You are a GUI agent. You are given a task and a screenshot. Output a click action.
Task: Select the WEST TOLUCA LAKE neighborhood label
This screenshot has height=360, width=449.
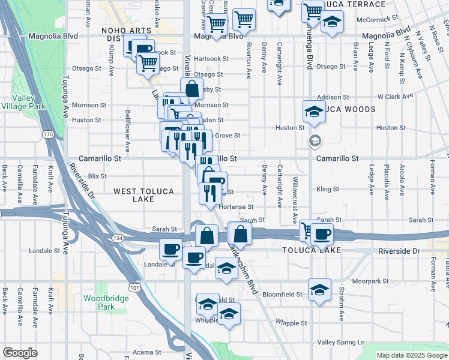point(143,196)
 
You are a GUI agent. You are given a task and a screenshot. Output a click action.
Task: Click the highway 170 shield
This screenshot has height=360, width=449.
point(48,134)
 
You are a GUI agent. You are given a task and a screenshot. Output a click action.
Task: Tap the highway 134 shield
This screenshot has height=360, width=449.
point(115,239)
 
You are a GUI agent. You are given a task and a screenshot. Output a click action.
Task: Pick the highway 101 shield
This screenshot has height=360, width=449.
point(134,287)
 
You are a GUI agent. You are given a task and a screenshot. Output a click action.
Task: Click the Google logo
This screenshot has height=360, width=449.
point(20,353)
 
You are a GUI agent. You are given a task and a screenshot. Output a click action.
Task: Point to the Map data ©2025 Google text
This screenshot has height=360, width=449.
point(411,355)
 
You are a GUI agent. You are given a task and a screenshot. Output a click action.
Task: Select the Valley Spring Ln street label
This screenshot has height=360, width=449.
point(341,342)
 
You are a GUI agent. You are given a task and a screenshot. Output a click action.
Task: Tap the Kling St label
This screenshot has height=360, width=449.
point(328,189)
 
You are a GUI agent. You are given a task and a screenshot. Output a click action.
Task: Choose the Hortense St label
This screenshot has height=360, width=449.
point(236,206)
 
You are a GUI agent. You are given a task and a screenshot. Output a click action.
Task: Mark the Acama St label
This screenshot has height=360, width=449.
point(147,352)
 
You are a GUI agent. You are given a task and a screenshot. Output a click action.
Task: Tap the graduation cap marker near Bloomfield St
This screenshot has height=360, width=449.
point(319,289)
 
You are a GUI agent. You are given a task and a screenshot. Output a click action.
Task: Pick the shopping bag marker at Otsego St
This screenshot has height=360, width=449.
point(191,89)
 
